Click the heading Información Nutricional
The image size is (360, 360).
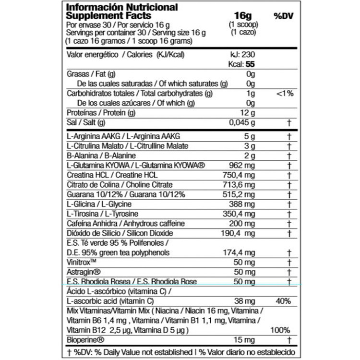(121, 7)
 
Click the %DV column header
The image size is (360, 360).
(283, 16)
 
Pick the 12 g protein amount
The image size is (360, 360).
(247, 113)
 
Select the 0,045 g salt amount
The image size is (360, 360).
(241, 122)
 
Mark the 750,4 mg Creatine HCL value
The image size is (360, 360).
(240, 175)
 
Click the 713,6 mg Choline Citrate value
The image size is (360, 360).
(240, 185)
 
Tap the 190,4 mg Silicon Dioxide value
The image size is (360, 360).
(240, 233)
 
